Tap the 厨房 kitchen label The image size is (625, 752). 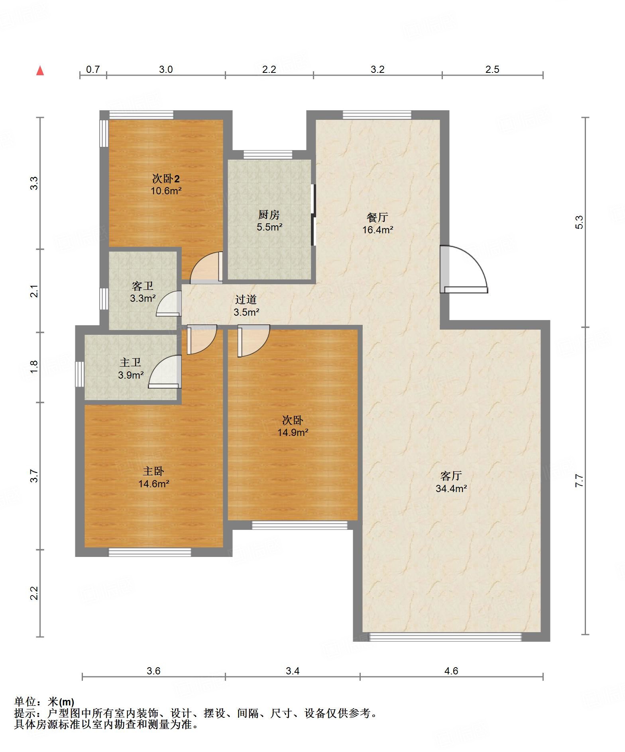(269, 215)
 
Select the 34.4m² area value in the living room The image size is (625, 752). (451, 488)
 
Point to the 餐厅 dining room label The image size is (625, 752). (377, 217)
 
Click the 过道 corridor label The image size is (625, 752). (246, 300)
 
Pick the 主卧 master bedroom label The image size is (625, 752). (153, 471)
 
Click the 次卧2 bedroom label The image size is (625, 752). (166, 178)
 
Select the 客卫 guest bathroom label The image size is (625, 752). (142, 286)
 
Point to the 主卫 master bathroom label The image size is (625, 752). (130, 363)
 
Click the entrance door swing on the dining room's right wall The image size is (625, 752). (464, 270)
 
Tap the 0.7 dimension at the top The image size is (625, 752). (93, 69)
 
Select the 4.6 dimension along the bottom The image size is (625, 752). (451, 671)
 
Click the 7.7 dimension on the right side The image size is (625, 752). (580, 480)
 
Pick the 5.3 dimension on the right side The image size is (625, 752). (580, 222)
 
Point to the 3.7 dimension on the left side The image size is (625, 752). (34, 476)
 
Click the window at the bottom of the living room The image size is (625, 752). (445, 637)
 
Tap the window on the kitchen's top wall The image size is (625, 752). (268, 155)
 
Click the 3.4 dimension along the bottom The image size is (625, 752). (293, 671)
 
